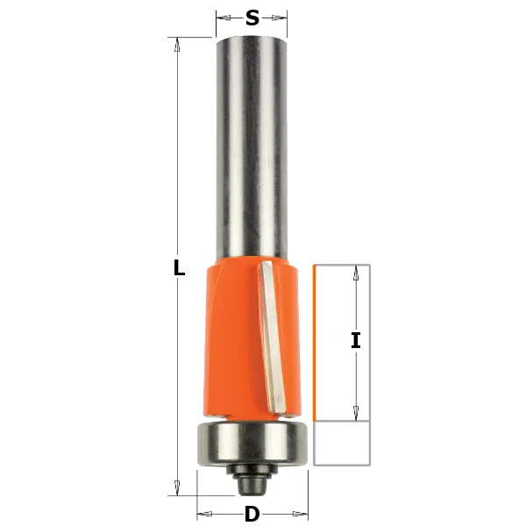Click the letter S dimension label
pyautogui.click(x=252, y=18)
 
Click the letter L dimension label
pyautogui.click(x=179, y=267)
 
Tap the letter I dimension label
pyautogui.click(x=356, y=340)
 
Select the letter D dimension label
pyautogui.click(x=252, y=514)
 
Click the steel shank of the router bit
pyautogui.click(x=252, y=147)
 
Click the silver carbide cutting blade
pyautogui.click(x=273, y=337)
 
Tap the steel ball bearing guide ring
pyautogui.click(x=252, y=443)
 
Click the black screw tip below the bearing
pyautogui.click(x=252, y=486)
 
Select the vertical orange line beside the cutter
pyautogui.click(x=315, y=343)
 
